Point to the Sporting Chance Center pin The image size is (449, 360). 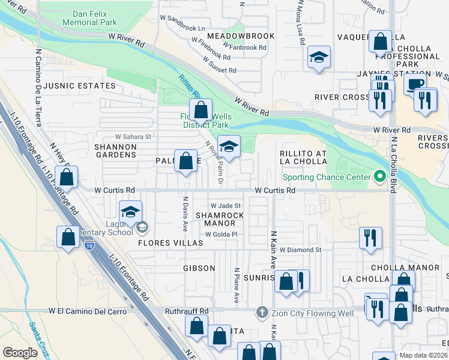(x=379, y=177)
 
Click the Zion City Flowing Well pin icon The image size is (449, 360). (x=261, y=312)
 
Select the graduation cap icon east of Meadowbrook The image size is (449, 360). (x=318, y=58)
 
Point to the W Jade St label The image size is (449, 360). (x=225, y=206)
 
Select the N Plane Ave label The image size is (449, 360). (x=237, y=284)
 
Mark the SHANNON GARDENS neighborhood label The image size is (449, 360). (x=115, y=150)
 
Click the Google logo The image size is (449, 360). (x=20, y=353)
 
